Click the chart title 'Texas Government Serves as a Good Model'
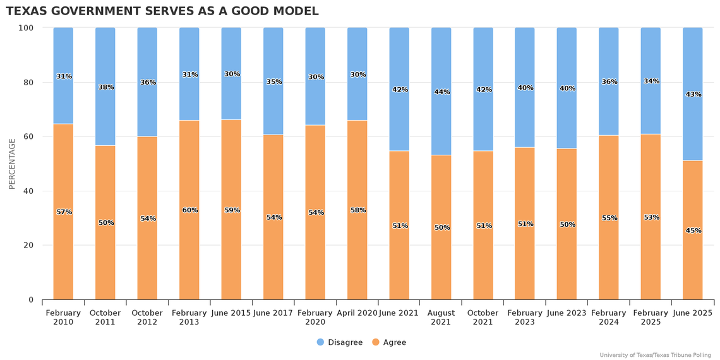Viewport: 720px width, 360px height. tap(162, 11)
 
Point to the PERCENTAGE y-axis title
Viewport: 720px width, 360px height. tap(12, 164)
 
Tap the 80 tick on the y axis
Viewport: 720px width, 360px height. tap(29, 82)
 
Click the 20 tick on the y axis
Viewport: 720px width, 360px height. tap(29, 245)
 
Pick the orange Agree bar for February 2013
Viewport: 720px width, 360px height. tap(189, 253)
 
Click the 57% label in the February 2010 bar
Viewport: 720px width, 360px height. tap(64, 212)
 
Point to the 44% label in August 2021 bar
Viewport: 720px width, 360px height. tap(441, 92)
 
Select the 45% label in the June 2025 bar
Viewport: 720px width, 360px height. tap(693, 231)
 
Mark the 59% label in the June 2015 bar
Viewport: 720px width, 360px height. tap(232, 210)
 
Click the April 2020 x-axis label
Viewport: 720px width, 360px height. tap(357, 313)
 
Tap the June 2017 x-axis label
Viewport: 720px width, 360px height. tap(273, 313)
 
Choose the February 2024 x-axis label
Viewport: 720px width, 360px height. tap(608, 317)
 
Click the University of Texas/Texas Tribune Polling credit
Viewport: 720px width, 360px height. tap(655, 355)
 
